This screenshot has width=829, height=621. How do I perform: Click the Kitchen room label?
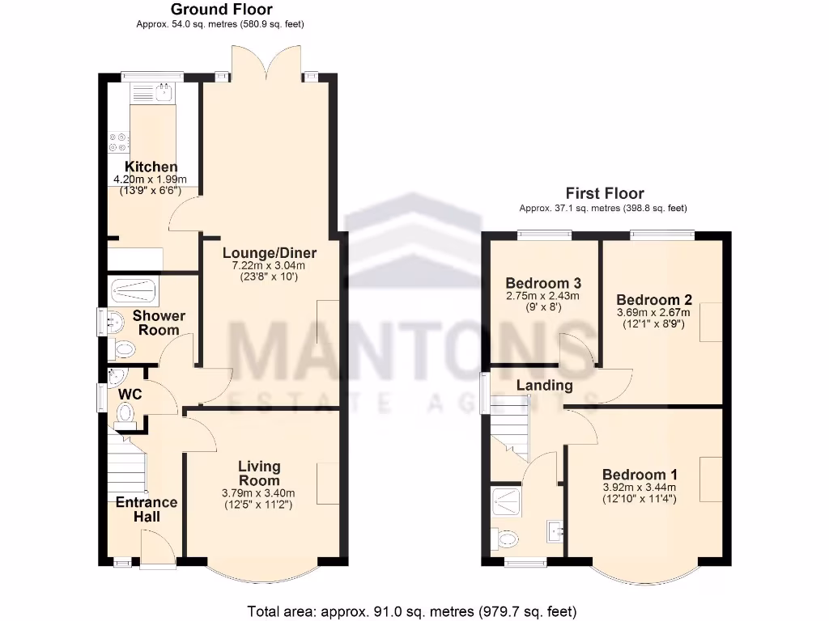151,167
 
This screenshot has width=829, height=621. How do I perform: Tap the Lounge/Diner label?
269,253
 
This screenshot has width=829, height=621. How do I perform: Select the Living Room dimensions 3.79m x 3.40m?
258,493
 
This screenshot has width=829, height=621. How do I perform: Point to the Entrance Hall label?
147,509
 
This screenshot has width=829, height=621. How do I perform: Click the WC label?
130,394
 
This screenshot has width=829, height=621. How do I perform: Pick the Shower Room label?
159,323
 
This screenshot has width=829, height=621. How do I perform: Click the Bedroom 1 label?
640,475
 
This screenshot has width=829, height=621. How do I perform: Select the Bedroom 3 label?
543,283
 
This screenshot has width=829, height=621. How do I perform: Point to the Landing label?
545,385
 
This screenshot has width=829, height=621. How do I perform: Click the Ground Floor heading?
222,10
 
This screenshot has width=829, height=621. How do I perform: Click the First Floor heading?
605,193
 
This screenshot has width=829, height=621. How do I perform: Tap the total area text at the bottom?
411,611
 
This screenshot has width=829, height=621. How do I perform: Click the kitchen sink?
164,93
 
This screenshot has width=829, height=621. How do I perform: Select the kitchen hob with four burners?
118,142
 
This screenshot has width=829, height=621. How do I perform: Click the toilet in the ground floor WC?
125,415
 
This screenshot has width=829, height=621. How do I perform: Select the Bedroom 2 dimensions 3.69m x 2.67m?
653,313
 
